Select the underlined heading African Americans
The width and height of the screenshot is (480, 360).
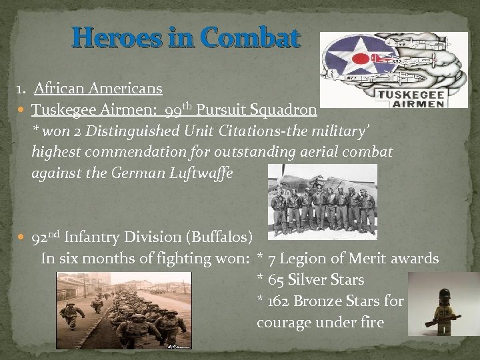coord(98,87)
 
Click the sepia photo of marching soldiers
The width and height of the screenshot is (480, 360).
coord(123,310)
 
